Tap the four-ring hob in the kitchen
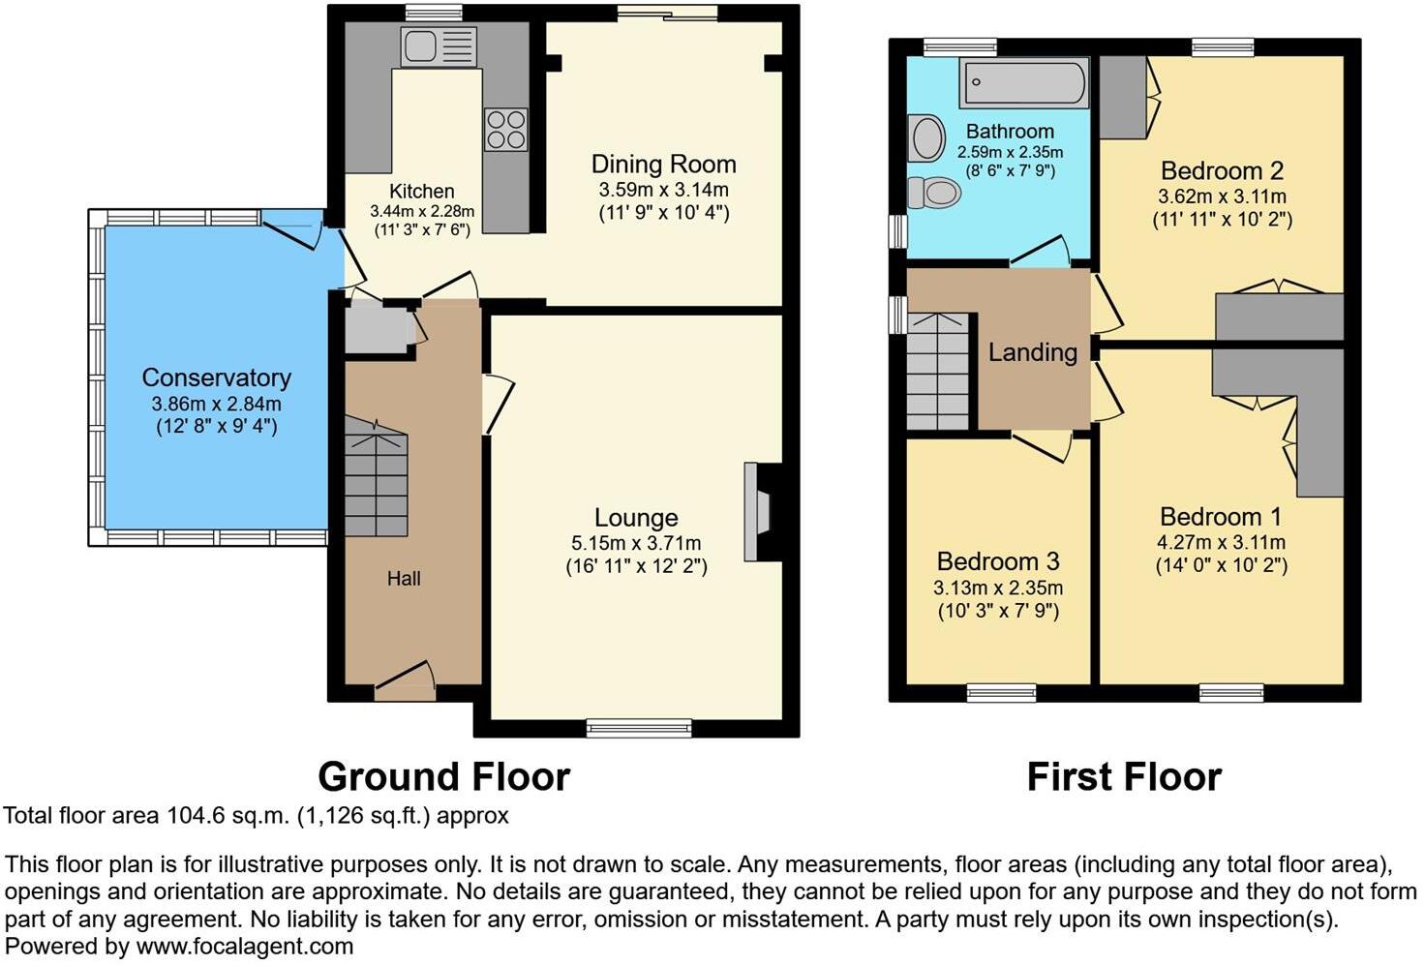[505, 130]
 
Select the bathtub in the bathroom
[1024, 83]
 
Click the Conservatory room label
[216, 377]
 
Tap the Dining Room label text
[663, 165]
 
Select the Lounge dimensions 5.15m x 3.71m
[636, 544]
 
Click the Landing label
[1032, 352]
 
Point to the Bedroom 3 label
[998, 561]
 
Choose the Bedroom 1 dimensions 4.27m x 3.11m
[1221, 543]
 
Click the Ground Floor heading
[443, 777]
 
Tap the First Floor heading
[1124, 777]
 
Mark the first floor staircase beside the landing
[937, 371]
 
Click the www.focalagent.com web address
[244, 946]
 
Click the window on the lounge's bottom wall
[639, 727]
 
